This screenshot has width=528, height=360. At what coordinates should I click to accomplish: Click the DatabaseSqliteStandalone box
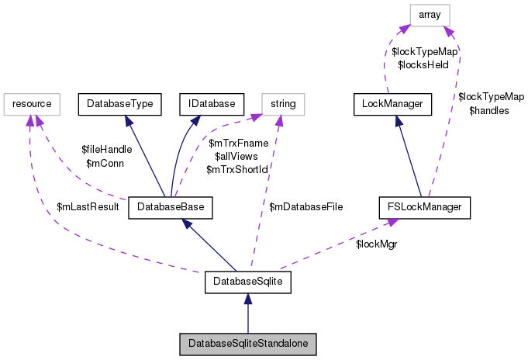point(248,344)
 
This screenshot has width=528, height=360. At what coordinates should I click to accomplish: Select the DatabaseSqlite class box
point(248,282)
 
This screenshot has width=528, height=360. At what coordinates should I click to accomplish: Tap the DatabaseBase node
point(171,207)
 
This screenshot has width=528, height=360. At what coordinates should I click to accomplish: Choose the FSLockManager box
point(424,207)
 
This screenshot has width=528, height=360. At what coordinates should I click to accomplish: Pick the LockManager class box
point(392,104)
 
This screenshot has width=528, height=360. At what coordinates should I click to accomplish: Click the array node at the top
point(430,16)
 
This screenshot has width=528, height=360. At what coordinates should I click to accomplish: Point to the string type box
point(283,104)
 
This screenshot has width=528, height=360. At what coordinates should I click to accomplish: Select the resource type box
point(32,104)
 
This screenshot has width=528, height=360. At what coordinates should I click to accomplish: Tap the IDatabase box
point(212,104)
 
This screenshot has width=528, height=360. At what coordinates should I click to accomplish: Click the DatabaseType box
point(120,104)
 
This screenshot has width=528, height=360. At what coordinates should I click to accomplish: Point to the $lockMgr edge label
point(377,244)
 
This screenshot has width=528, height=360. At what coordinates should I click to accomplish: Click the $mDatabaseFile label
point(305,206)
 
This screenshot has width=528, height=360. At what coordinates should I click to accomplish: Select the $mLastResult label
point(88,206)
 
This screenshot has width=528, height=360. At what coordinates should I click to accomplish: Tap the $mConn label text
point(105,164)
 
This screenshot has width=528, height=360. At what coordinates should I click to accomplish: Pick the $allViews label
point(236,157)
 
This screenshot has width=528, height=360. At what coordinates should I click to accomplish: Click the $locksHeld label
point(423,64)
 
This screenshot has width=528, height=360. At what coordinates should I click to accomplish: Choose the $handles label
point(489,111)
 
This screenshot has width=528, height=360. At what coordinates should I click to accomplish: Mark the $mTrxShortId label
point(237,170)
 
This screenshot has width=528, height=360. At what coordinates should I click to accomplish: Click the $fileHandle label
point(107,150)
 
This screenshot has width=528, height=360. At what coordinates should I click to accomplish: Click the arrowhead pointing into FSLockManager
point(392,223)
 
